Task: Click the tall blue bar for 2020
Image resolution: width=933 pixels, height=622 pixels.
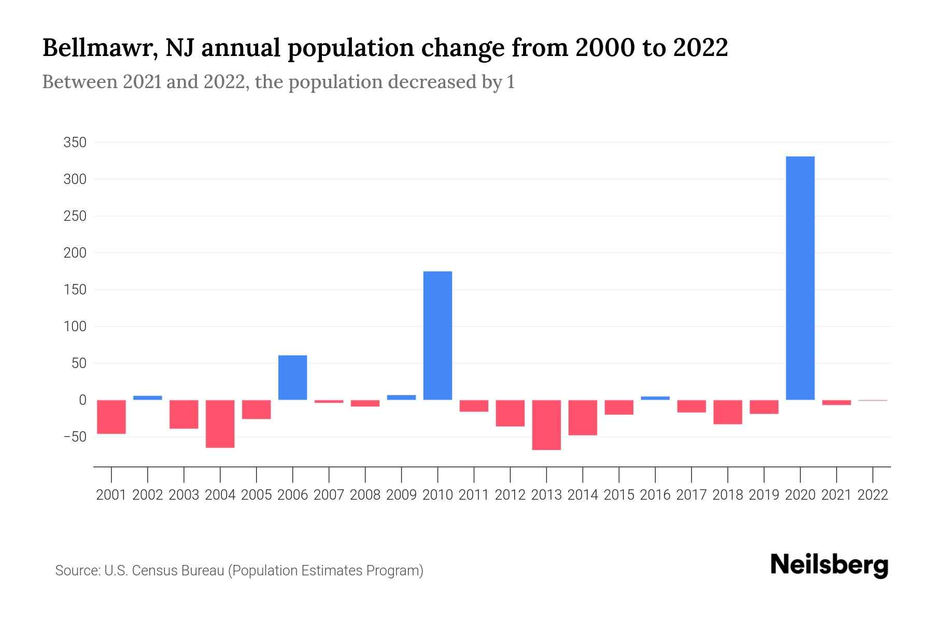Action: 800,278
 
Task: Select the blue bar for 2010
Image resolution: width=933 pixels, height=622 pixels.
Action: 437,335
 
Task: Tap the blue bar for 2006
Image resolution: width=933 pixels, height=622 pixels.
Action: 292,377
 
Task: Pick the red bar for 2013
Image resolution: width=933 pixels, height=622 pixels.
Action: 546,425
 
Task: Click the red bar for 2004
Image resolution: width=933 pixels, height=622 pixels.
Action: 220,423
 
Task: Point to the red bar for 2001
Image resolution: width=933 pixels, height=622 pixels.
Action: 111,417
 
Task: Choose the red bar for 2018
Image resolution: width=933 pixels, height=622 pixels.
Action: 727,412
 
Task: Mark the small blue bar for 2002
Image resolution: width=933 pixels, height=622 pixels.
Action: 148,398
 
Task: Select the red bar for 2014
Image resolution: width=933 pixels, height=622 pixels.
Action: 583,417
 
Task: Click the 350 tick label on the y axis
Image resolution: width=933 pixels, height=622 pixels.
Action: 75,143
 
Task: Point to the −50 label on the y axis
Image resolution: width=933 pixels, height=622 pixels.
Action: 75,437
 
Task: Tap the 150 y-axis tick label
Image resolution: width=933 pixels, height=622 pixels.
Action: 75,290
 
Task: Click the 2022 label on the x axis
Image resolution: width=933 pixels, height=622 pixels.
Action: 872,495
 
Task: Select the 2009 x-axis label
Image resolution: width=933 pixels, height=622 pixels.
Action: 401,495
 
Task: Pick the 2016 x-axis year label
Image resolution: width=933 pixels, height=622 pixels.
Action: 655,495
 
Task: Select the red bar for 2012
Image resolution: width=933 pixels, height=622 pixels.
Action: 510,413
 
